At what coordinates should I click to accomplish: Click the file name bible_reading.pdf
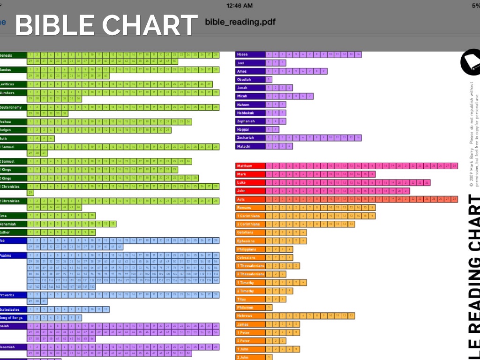tap(240, 22)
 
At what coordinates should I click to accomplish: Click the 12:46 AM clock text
tap(239, 6)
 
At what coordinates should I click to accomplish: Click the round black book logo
tap(471, 62)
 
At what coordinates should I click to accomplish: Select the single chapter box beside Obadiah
tap(269, 80)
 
